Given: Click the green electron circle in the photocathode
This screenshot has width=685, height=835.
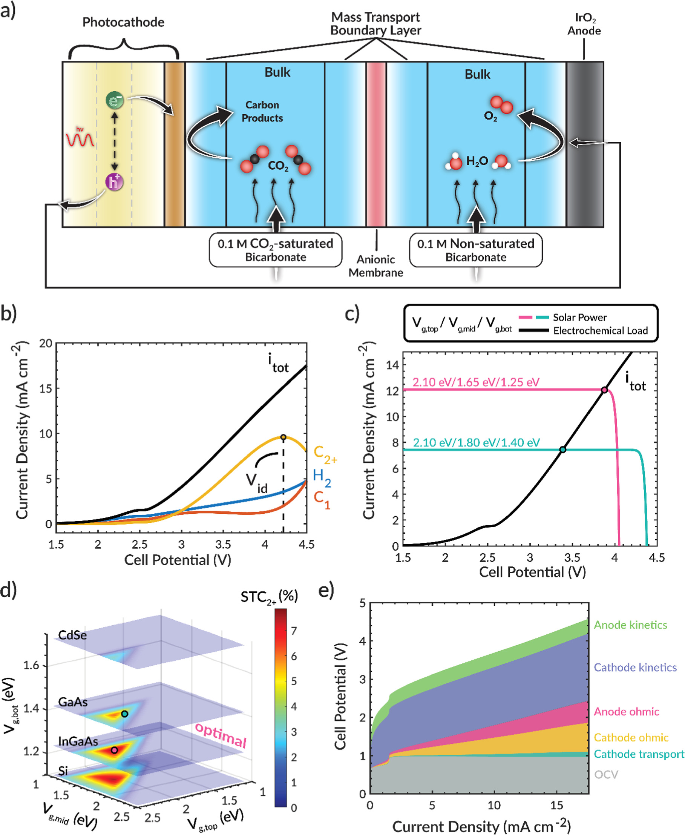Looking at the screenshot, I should (x=115, y=101).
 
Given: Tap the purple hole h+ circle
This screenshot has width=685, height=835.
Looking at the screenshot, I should (x=114, y=182).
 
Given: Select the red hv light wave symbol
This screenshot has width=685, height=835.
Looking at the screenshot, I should (x=80, y=138).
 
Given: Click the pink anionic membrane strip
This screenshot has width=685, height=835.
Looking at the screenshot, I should (x=375, y=144).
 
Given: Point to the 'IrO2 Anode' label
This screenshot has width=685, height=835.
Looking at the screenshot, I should (x=584, y=25).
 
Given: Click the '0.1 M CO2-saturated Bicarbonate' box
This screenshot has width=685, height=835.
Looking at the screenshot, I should (x=276, y=250).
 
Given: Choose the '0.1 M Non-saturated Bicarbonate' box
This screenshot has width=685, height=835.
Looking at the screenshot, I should (x=475, y=250).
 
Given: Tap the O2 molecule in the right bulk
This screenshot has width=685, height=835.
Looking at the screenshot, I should (x=501, y=104).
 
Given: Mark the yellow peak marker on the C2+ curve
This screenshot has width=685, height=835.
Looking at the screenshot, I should (x=284, y=437).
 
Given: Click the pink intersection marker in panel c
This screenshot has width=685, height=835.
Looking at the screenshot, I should (x=604, y=390).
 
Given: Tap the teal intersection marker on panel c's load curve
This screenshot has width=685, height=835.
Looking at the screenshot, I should (x=563, y=449).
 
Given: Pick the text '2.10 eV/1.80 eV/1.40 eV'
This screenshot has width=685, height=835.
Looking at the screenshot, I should (x=476, y=442).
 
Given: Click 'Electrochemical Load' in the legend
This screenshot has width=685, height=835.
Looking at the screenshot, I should (x=600, y=330).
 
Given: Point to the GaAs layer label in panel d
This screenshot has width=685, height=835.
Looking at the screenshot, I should (x=73, y=702).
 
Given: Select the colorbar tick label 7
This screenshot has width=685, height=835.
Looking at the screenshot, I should (x=294, y=631).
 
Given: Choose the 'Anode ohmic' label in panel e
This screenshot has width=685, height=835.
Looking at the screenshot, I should (x=626, y=711).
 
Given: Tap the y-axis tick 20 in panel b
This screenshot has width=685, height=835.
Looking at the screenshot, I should (x=46, y=343).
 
